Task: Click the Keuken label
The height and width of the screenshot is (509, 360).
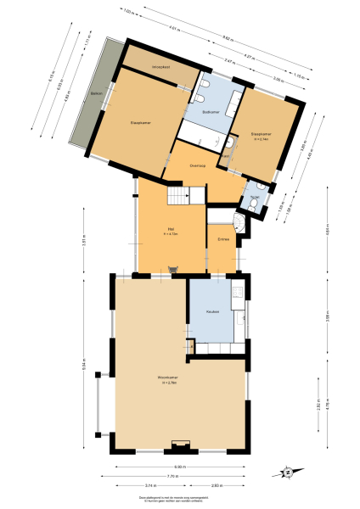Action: point(213,311)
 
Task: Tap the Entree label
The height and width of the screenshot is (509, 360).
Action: point(224,240)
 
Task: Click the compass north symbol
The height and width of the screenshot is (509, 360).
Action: point(287,473)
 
